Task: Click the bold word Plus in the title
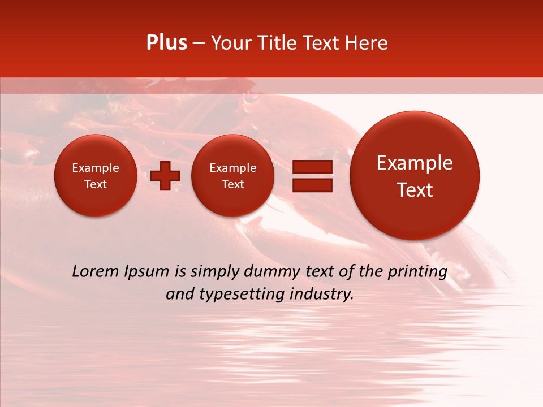(x=167, y=43)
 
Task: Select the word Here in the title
(x=367, y=43)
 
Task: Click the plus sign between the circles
(x=166, y=175)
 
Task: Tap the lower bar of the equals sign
(x=312, y=185)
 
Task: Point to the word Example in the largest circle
(x=415, y=163)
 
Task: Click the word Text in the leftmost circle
(x=96, y=184)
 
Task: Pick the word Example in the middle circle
(x=233, y=168)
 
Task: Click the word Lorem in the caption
(x=96, y=271)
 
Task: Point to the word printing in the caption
(x=417, y=271)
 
